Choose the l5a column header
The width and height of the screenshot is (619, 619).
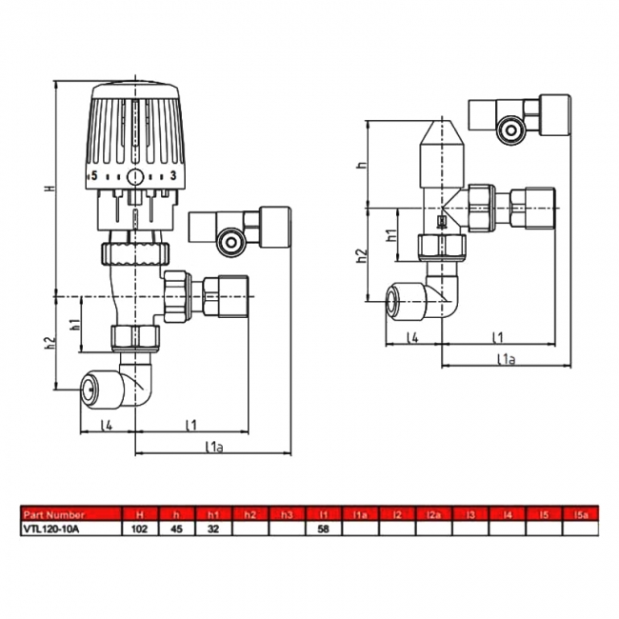(x=580, y=513)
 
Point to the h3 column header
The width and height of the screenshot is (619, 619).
(x=287, y=513)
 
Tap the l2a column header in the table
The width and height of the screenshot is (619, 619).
(x=433, y=513)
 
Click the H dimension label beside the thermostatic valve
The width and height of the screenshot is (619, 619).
(x=50, y=189)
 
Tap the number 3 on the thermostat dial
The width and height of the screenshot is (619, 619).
(x=172, y=176)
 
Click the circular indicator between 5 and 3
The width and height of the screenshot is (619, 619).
(x=135, y=176)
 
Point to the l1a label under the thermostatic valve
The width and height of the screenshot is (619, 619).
(x=213, y=446)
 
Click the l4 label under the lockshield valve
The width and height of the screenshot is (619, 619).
(x=412, y=338)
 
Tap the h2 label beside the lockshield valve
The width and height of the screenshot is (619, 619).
(x=361, y=255)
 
